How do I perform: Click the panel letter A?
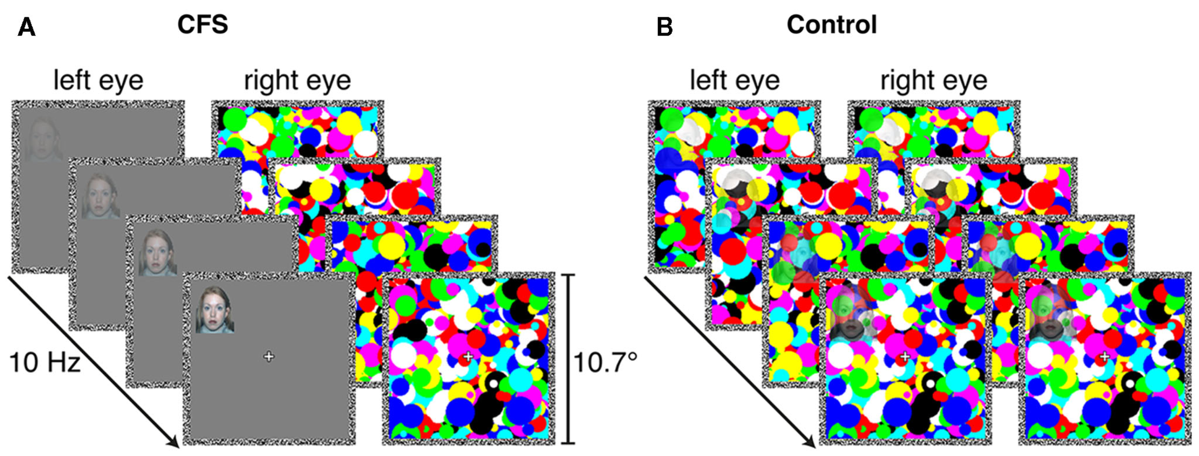click(26, 27)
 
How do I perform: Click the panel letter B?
click(665, 27)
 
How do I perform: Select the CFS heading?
click(202, 24)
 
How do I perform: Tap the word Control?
click(832, 24)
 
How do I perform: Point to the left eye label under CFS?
click(98, 80)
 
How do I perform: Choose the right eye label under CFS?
click(297, 80)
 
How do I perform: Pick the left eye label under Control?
click(735, 80)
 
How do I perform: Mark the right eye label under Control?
click(934, 80)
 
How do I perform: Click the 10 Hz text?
click(45, 362)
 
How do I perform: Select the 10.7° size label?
click(605, 362)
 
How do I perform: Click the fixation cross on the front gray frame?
click(269, 357)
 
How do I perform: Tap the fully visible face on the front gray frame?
click(214, 310)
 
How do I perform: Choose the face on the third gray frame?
click(157, 252)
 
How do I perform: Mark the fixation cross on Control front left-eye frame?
click(905, 357)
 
